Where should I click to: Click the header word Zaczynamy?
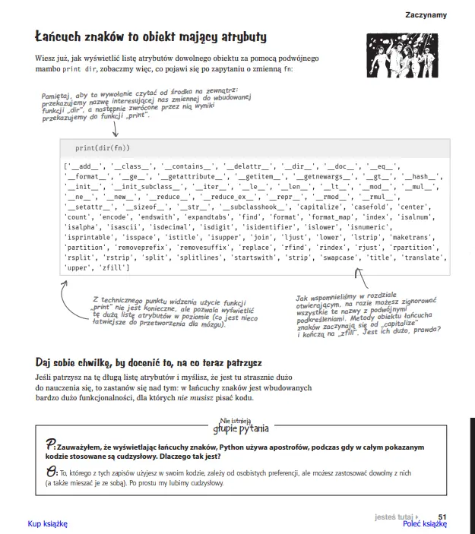426,14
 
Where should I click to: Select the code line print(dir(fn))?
103,147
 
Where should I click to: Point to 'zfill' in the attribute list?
113,268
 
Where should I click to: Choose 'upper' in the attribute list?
79,268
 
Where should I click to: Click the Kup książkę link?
48,523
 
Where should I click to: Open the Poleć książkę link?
424,523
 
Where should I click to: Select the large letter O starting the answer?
49,473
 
